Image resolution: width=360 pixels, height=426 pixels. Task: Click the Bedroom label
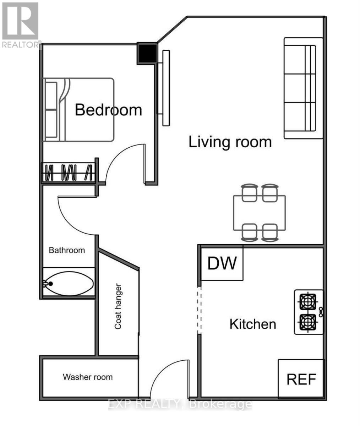click(108, 110)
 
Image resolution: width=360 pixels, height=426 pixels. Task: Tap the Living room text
click(230, 142)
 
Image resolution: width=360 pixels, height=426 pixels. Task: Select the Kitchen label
click(252, 324)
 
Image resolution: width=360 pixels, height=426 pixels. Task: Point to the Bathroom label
click(67, 250)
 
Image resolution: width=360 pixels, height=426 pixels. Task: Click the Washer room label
click(88, 377)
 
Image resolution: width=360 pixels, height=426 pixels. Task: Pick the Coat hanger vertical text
click(118, 306)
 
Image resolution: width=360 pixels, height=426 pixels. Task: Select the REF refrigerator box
click(301, 379)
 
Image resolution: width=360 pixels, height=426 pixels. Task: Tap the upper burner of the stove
click(307, 302)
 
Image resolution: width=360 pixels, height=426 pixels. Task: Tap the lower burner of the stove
click(307, 322)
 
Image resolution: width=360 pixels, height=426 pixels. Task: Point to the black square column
click(147, 53)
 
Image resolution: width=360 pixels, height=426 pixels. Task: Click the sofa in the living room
click(304, 88)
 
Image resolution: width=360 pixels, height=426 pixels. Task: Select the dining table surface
click(259, 212)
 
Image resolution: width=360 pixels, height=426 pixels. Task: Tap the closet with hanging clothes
click(69, 173)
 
